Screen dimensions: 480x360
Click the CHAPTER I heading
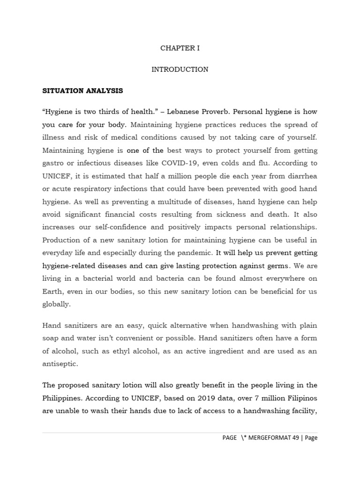[x=180, y=48]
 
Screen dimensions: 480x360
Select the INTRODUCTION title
[x=180, y=69]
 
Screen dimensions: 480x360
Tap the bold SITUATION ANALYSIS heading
[x=82, y=90]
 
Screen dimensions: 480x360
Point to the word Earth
[x=52, y=291]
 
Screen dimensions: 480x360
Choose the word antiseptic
[x=60, y=364]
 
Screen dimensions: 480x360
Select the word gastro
[x=52, y=163]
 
